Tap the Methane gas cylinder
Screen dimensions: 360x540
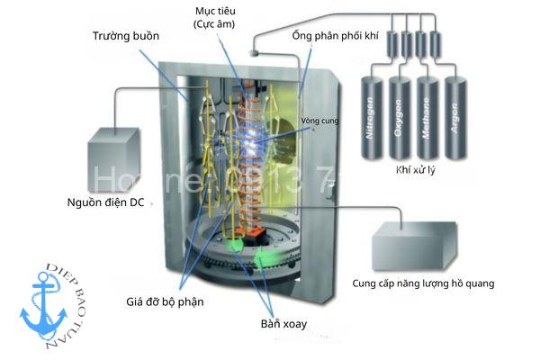pos(427,118)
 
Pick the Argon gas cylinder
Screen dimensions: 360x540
pos(454,118)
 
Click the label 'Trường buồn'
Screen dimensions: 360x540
pos(126,36)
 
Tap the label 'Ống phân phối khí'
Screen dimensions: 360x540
pos(340,36)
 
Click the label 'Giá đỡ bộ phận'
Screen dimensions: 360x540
pos(165,301)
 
